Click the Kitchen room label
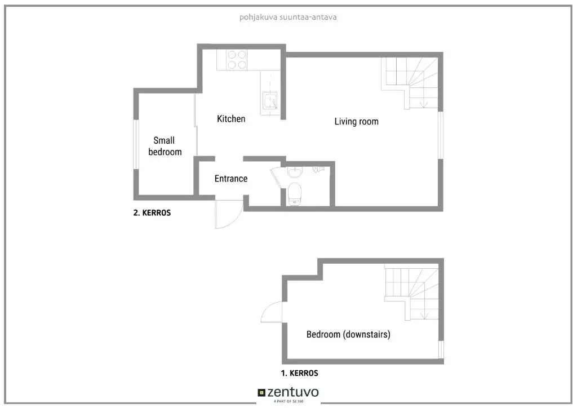pyautogui.click(x=231, y=119)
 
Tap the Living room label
pyautogui.click(x=356, y=121)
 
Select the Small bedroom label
pyautogui.click(x=165, y=146)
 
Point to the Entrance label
pyautogui.click(x=231, y=179)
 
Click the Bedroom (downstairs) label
pyautogui.click(x=348, y=334)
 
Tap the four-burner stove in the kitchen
pyautogui.click(x=237, y=60)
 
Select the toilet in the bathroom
pyautogui.click(x=294, y=194)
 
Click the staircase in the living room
pyautogui.click(x=410, y=83)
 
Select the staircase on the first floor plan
pyautogui.click(x=412, y=292)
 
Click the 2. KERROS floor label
pyautogui.click(x=152, y=212)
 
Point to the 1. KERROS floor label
pyautogui.click(x=300, y=373)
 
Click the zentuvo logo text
pyautogui.click(x=293, y=392)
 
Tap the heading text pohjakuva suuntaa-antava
pyautogui.click(x=288, y=17)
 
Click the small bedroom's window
pyautogui.click(x=136, y=144)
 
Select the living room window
pyautogui.click(x=441, y=135)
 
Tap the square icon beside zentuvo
pyautogui.click(x=261, y=393)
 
